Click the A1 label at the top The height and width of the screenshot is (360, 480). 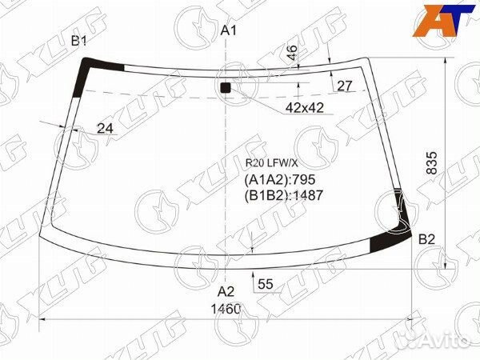229,30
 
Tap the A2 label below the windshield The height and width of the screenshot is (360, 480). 226,292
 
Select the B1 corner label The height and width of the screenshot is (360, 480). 79,41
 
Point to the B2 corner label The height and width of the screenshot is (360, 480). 426,239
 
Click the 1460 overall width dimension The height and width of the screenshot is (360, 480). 226,309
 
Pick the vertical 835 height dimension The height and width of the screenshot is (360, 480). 432,163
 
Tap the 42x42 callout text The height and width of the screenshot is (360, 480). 305,107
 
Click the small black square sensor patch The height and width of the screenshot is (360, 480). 226,87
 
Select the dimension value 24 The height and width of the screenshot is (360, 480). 105,129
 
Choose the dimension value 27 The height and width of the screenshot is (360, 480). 345,86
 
